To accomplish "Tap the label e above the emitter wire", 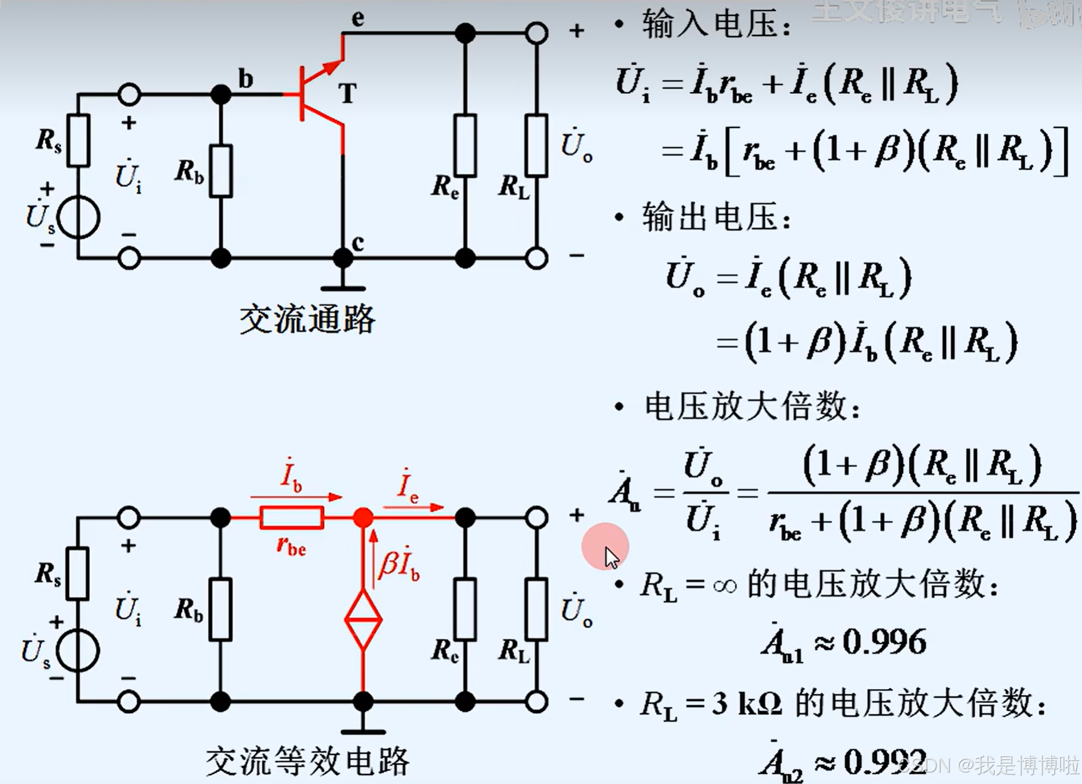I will pyautogui.click(x=358, y=18).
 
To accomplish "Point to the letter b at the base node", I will pyautogui.click(x=245, y=79).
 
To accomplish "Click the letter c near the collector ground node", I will pyautogui.click(x=358, y=243).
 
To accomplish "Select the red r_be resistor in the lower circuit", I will pyautogui.click(x=292, y=518).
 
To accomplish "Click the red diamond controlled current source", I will pyautogui.click(x=364, y=619).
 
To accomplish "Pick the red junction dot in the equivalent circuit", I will pyautogui.click(x=364, y=518).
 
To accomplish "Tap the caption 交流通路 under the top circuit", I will pyautogui.click(x=307, y=319).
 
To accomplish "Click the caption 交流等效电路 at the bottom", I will pyautogui.click(x=307, y=761).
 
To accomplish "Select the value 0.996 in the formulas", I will pyautogui.click(x=884, y=642).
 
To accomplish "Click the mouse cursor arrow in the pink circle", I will pyautogui.click(x=611, y=556).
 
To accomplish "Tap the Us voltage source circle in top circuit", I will pyautogui.click(x=79, y=217).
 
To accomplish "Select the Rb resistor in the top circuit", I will pyautogui.click(x=221, y=171).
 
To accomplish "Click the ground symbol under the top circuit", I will pyautogui.click(x=343, y=287).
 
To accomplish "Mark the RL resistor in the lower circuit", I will pyautogui.click(x=536, y=610).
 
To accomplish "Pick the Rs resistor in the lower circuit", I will pyautogui.click(x=78, y=573).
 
